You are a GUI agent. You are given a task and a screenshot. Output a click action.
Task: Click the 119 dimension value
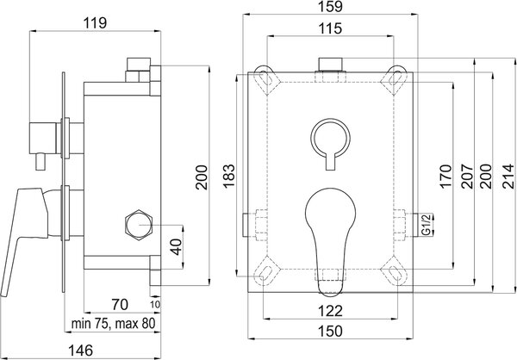tap(95, 23)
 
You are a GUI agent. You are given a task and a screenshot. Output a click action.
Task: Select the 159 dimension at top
tap(331, 7)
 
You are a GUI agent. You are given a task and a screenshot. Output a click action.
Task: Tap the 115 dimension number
tap(330, 28)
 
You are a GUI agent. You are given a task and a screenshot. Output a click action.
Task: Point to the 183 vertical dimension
tap(229, 175)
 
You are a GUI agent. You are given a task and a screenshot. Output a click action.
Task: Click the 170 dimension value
tap(445, 177)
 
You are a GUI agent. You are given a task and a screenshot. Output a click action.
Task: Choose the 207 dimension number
tap(467, 177)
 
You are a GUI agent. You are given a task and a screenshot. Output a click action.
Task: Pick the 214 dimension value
tap(508, 177)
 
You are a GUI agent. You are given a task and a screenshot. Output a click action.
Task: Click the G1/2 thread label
tap(427, 225)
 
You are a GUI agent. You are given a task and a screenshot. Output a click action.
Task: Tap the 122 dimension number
tap(330, 311)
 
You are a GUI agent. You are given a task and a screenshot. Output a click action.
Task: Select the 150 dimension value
tap(330, 331)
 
